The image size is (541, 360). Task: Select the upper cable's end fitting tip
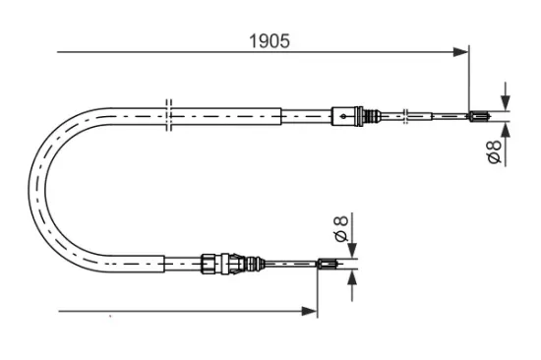(x=478, y=118)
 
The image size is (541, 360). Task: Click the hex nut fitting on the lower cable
(x=210, y=263)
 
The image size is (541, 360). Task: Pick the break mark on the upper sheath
(x=170, y=111)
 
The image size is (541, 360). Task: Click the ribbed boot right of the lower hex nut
(x=250, y=263)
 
